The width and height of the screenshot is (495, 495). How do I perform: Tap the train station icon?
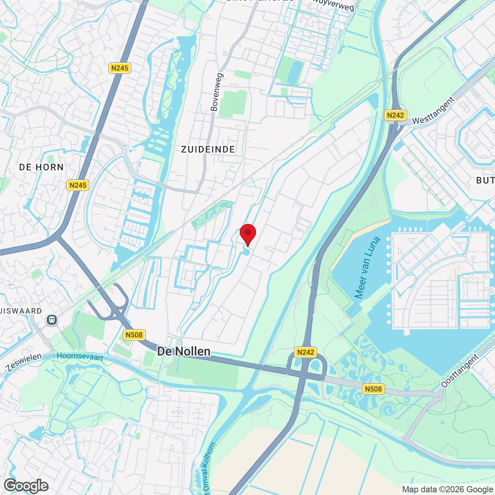[x=52, y=320]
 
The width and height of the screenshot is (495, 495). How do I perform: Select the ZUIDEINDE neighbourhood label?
[x=208, y=150]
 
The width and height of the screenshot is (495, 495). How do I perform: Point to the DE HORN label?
[x=41, y=167]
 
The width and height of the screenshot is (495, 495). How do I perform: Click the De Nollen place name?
[x=184, y=351]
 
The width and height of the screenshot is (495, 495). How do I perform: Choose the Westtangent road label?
[x=433, y=111]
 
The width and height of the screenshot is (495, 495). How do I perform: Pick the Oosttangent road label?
[x=460, y=371]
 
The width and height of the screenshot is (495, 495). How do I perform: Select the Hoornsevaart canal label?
[x=80, y=357]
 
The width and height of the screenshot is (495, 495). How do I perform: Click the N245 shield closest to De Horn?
[x=78, y=185]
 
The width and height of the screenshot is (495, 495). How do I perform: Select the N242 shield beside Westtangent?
[x=395, y=115]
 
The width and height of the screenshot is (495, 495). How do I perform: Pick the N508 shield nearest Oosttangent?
[x=373, y=389]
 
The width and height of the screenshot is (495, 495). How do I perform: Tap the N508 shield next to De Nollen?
[x=134, y=335]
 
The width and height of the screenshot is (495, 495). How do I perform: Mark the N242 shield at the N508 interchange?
[x=306, y=352]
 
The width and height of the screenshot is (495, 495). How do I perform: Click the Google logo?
[x=26, y=486]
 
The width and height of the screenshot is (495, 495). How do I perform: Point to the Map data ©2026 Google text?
[x=447, y=490]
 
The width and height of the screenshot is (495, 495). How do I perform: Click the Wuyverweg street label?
[x=333, y=5]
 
